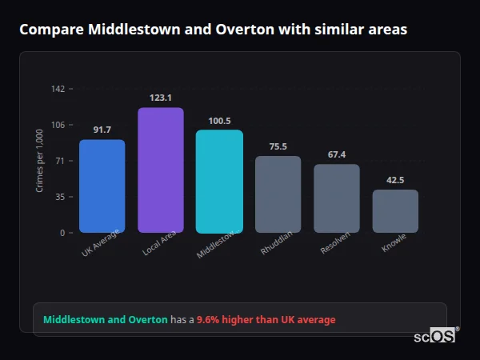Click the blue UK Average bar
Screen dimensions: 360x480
coord(102,186)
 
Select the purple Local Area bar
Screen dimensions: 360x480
coord(161,170)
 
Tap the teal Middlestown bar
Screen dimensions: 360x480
coord(219,182)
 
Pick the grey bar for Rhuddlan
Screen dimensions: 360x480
coord(278,194)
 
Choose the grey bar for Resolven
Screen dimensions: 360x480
coord(337,198)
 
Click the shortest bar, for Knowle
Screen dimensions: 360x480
coord(395,211)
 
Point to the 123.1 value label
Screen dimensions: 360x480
coord(161,98)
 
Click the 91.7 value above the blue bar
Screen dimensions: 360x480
coord(102,130)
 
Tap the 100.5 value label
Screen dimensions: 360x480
coord(219,121)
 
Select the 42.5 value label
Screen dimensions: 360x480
coord(395,180)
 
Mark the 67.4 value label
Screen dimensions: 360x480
coord(337,154)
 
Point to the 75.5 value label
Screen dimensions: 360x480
coord(278,146)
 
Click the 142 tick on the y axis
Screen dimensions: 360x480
coord(58,89)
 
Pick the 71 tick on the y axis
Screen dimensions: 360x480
coord(59,161)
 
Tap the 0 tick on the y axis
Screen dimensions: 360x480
coord(62,233)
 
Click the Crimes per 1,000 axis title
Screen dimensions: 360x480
coord(40,160)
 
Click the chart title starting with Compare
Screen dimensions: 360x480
coord(213,30)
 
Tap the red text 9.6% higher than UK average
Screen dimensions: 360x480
coord(266,320)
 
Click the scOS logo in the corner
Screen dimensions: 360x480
coord(435,336)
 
